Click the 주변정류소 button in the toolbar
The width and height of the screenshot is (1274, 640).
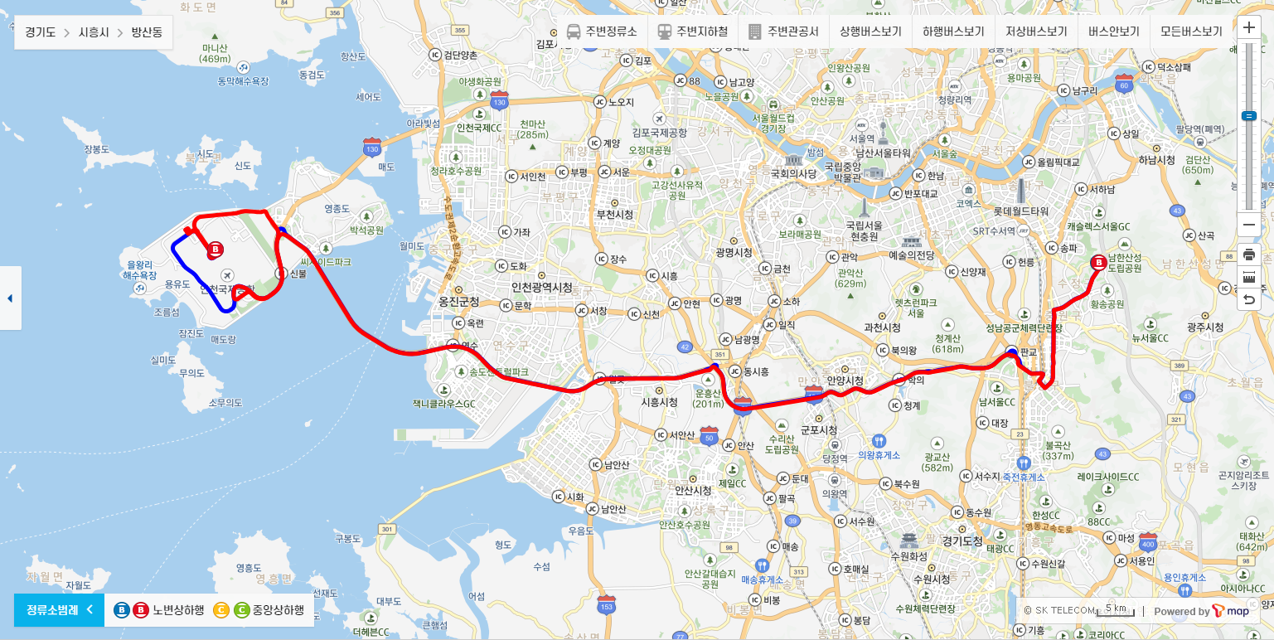coord(602,32)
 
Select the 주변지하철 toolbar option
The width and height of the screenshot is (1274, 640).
coord(693,32)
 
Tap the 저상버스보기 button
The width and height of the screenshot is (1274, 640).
coord(1036,32)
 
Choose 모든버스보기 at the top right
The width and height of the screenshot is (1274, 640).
coord(1191,32)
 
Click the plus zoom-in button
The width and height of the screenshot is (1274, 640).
coord(1249,27)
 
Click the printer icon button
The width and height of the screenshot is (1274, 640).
coord(1249,253)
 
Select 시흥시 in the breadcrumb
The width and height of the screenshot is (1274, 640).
coord(93,33)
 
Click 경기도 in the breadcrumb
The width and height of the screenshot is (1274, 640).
coord(40,33)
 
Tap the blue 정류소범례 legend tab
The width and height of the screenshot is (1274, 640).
coord(58,610)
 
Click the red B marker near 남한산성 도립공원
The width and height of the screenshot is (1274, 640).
coord(1100,263)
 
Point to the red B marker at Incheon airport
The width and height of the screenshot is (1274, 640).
coord(216,249)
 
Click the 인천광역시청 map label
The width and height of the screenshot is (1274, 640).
coord(542,287)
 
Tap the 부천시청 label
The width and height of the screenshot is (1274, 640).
coord(614,214)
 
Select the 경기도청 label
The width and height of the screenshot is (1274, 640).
coord(962,541)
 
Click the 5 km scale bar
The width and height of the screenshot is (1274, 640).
coord(1115,610)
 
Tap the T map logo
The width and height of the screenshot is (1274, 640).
coord(1231,611)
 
